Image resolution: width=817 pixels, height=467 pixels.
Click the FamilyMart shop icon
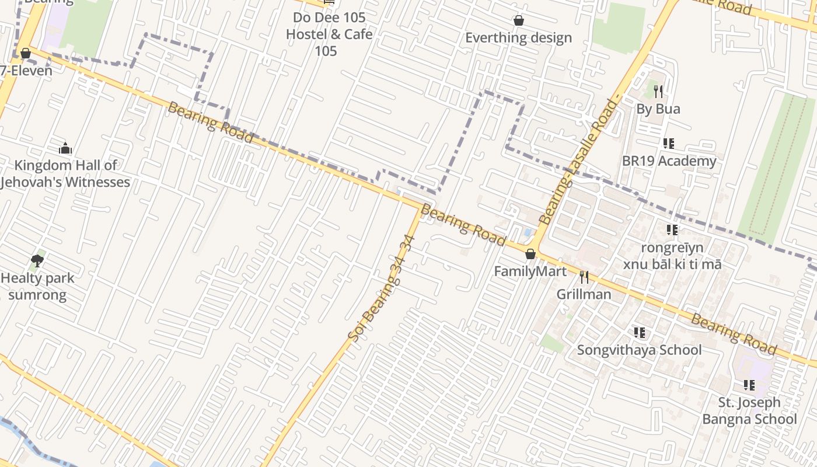coord(530,254)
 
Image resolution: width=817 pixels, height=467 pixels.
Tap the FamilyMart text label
coord(530,271)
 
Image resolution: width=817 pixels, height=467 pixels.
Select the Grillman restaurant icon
coord(584,277)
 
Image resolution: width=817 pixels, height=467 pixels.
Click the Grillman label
coord(584,294)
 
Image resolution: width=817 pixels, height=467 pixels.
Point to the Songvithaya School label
coord(639,350)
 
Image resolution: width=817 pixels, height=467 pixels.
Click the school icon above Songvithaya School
coord(640,333)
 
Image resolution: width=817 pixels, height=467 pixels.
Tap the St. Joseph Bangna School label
coord(749,411)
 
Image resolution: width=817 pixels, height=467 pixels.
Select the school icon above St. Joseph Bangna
coord(749,385)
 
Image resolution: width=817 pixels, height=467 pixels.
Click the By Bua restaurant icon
coord(658,92)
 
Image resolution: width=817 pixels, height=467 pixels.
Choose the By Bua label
coord(658,109)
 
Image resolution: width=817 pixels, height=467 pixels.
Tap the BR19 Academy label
coord(669,161)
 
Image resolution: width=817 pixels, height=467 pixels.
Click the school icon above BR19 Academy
coord(669,144)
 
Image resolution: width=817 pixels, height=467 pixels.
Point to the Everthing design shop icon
coord(518,21)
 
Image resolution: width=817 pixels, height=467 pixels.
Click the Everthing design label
coord(518,38)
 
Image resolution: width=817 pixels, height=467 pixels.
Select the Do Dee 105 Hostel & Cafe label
coord(329,34)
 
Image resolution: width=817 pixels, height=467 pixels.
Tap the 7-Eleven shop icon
coord(25,54)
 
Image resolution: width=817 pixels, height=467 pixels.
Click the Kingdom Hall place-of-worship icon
coord(65,148)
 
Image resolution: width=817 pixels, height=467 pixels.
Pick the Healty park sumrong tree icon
coord(37,260)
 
